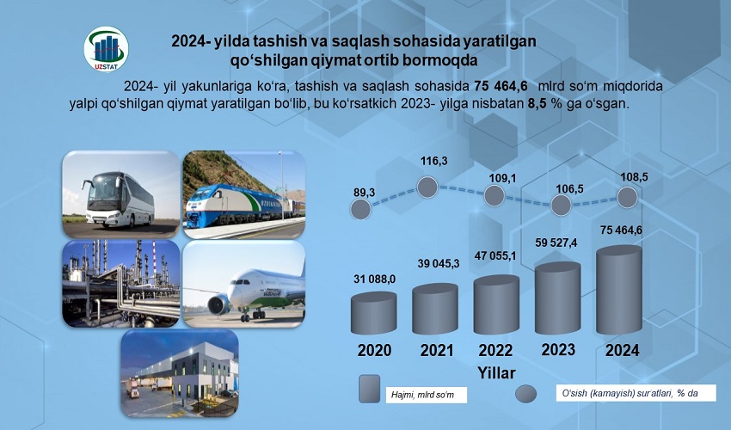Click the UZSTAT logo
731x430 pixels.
click(107, 49)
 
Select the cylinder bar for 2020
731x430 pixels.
click(373, 313)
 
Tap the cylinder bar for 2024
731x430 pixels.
click(619, 290)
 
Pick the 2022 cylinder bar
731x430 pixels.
click(496, 304)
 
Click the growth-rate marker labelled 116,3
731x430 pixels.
click(427, 187)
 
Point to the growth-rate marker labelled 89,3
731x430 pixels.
click(360, 209)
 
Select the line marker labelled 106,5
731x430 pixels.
click(561, 206)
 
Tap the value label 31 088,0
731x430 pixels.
click(374, 279)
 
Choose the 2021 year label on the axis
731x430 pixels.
click(437, 350)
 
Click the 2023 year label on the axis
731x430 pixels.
click(558, 349)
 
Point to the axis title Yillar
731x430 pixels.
click(496, 373)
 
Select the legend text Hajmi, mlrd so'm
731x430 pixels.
click(422, 396)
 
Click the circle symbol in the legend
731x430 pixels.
click(525, 394)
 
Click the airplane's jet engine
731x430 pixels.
click(218, 304)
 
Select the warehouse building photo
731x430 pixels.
click(180, 372)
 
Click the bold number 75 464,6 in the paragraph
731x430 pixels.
click(501, 86)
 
